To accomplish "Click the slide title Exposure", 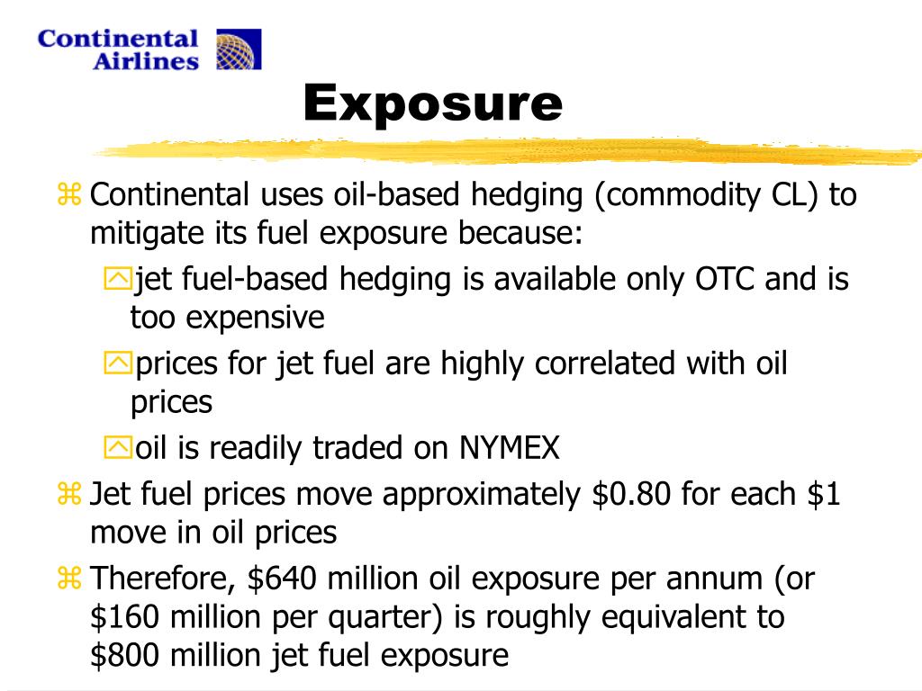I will click(x=432, y=103).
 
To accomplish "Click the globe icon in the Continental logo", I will click(x=239, y=49).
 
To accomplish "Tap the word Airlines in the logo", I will click(x=146, y=60).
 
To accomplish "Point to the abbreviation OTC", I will click(x=725, y=279).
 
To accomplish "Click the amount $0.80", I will click(x=633, y=494).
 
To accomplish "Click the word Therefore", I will click(x=165, y=579).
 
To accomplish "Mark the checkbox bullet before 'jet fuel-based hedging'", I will click(x=117, y=280).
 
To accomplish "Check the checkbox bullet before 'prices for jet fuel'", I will click(x=117, y=363).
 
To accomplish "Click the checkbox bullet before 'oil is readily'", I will click(x=117, y=447).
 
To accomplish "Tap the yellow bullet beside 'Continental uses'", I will click(x=69, y=194).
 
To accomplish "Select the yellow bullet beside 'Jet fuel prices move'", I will click(x=69, y=494).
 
